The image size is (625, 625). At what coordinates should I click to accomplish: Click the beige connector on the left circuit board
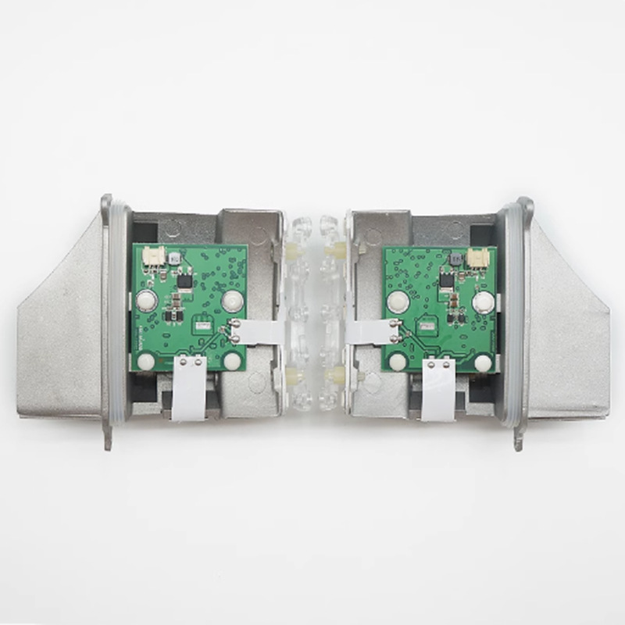tap(155, 255)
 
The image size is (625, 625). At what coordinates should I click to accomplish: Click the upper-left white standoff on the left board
tap(145, 299)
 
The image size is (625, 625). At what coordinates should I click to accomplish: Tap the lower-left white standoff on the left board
tap(146, 361)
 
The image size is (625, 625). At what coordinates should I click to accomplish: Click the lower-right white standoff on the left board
tap(232, 361)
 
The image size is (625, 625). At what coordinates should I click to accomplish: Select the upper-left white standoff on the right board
tap(398, 302)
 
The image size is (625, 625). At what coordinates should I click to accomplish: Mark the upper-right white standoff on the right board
tap(483, 302)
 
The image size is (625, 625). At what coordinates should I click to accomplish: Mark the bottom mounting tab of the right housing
tap(517, 439)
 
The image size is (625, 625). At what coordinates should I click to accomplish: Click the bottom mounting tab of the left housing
tap(107, 439)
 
